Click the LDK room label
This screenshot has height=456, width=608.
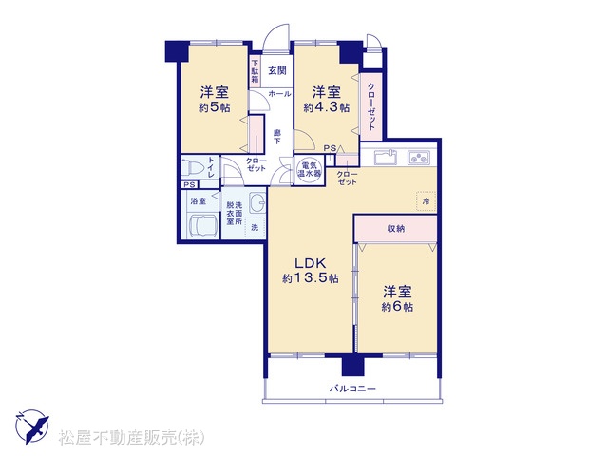[x=311, y=263]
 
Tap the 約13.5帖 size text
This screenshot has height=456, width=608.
[x=311, y=278]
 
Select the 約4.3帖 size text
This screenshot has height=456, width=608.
[x=327, y=107]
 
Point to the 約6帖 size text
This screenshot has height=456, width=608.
[x=397, y=307]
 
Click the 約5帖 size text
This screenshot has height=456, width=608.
[x=215, y=107]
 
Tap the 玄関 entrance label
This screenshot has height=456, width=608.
[x=277, y=71]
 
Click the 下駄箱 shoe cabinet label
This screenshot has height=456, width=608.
[x=255, y=71]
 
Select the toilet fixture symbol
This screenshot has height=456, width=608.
[x=193, y=168]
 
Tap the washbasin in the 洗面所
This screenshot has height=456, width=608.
[x=256, y=201]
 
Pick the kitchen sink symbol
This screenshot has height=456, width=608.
[x=385, y=157]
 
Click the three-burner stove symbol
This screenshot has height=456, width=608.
[x=419, y=158]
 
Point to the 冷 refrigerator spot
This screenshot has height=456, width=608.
[x=426, y=201]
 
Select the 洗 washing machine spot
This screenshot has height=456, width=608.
[x=255, y=227]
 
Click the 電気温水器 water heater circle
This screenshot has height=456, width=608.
[x=309, y=169]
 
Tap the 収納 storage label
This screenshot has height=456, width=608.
[x=396, y=229]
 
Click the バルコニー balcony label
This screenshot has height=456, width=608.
[x=352, y=389]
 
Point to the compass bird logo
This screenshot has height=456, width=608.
[x=31, y=427]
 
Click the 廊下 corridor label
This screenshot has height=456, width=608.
[x=276, y=137]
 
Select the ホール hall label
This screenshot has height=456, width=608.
[x=279, y=93]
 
